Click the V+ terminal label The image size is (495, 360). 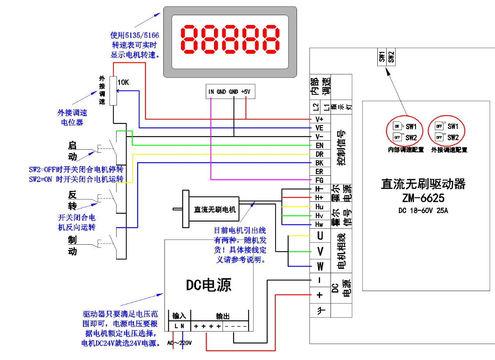point(319,119)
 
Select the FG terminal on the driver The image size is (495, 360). point(319,180)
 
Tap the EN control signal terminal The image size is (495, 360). point(319,145)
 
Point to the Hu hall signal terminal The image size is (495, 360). point(319,206)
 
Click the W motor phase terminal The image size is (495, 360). point(320,267)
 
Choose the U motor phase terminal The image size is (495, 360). point(320,236)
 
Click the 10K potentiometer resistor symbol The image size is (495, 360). point(113,90)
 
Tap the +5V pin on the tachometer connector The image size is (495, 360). point(246,92)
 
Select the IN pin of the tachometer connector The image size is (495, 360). point(211,92)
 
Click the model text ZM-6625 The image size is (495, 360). point(423,198)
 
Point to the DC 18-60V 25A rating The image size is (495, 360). point(423,211)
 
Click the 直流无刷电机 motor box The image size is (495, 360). point(214,209)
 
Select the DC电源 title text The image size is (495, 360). point(208,285)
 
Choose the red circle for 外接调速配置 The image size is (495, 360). point(445,132)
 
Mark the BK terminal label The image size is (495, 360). point(319,163)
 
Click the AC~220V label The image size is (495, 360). point(180,343)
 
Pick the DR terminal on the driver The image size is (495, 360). point(319,154)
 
